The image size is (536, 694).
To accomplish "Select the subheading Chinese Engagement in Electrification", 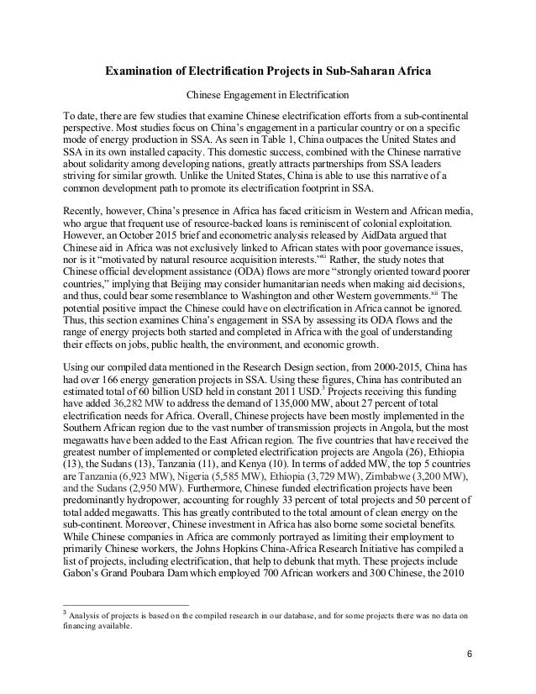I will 267,92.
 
